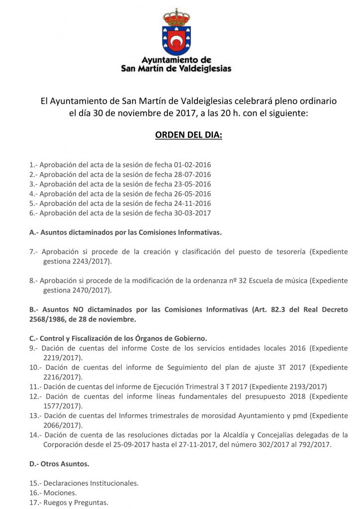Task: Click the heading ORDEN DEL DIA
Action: click(x=188, y=135)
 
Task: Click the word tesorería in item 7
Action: click(x=285, y=252)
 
